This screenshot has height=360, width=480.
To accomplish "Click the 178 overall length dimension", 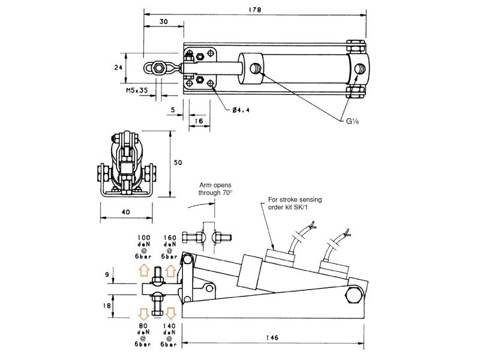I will [254, 8].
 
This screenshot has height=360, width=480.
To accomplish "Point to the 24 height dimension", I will [119, 68].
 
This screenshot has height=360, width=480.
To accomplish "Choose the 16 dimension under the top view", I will [199, 121].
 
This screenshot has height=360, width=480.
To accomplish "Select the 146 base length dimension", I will [273, 338].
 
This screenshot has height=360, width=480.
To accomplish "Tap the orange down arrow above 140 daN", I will [171, 313].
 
